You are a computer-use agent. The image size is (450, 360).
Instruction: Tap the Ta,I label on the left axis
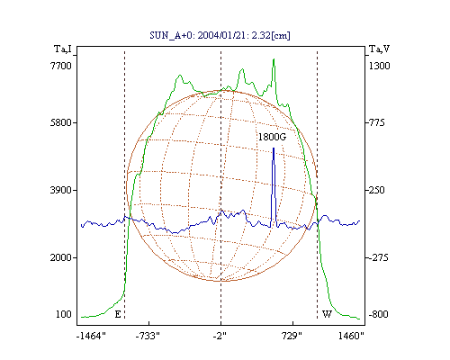tap(63, 49)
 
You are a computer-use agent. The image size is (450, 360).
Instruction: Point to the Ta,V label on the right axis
tap(380, 49)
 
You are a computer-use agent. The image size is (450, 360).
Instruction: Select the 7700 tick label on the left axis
tap(61, 66)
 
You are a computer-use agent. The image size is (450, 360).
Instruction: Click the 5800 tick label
tap(61, 122)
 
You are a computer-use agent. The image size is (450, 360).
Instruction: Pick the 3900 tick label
tap(61, 190)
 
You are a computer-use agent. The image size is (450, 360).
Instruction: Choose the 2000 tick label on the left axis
tap(61, 257)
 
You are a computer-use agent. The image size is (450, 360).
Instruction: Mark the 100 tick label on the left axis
tap(64, 314)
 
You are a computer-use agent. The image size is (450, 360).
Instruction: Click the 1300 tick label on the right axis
tap(380, 66)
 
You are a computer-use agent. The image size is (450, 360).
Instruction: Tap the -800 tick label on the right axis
tap(379, 314)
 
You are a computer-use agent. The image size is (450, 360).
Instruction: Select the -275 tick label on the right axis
tap(379, 257)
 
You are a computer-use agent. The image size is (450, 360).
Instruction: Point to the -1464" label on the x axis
tap(91, 336)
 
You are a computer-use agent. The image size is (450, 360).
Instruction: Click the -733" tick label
tap(148, 336)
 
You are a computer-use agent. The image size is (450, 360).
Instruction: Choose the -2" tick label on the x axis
tap(220, 336)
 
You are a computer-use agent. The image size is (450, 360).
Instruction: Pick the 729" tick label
tap(292, 336)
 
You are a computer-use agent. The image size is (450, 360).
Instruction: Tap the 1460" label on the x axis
tap(351, 336)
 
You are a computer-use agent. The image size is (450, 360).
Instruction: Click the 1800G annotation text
tap(273, 137)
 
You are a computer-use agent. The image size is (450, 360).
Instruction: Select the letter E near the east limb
tap(118, 314)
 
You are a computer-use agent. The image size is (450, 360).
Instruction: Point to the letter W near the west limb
tap(327, 314)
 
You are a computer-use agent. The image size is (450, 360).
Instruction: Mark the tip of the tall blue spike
tap(274, 148)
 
